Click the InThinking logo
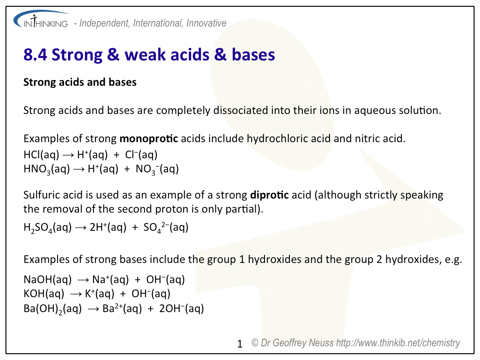tap(41, 20)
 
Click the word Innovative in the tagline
tap(206, 23)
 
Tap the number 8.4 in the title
tap(35, 55)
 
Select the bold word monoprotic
tap(149, 139)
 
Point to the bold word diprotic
tap(269, 195)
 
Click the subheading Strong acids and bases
tap(80, 82)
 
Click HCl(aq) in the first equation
tap(41, 155)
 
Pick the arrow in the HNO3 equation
tap(79, 169)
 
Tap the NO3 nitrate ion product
tap(157, 169)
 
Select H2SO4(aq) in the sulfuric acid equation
tap(48, 228)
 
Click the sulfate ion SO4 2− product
tap(166, 228)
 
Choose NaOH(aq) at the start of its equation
tap(48, 279)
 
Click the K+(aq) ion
tap(99, 294)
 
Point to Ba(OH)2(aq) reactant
tap(53, 308)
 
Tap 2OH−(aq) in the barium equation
tap(182, 308)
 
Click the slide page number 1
tap(240, 344)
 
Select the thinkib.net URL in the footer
tap(398, 343)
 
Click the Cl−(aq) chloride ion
tap(141, 155)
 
